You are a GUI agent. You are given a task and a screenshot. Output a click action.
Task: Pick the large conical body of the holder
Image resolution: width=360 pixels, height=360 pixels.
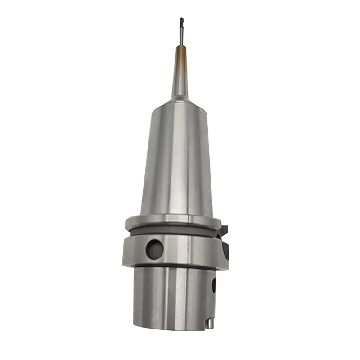[x=177, y=162]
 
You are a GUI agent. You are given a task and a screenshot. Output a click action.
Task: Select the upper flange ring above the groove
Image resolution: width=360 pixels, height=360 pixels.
[x=173, y=222]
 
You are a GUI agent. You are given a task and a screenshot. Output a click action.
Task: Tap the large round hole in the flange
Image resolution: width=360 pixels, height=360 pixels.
[x=154, y=249]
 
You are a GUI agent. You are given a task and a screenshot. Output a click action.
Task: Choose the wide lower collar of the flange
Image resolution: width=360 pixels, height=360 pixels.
[x=189, y=250]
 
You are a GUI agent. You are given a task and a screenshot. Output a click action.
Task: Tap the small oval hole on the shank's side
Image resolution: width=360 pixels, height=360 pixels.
[x=214, y=285]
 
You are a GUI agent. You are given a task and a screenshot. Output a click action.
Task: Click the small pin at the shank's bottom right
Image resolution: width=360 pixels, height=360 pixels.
[x=210, y=322]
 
